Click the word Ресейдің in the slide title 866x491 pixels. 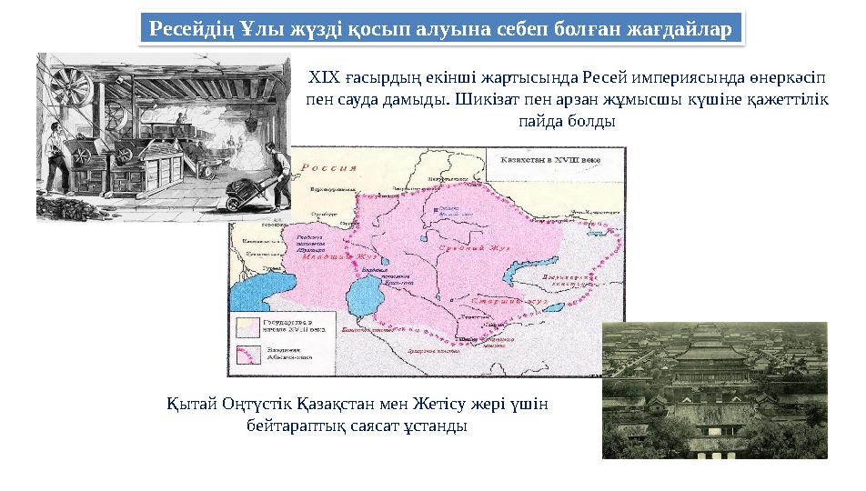point(191,28)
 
